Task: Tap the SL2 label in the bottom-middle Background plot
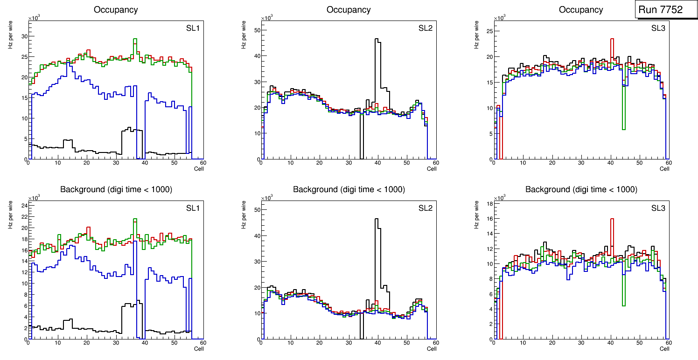click(425, 208)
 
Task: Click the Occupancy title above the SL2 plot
click(349, 10)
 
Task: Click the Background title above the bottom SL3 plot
click(581, 190)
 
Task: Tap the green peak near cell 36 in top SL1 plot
click(135, 40)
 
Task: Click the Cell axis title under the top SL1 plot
click(199, 169)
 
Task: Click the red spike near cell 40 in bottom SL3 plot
click(612, 219)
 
